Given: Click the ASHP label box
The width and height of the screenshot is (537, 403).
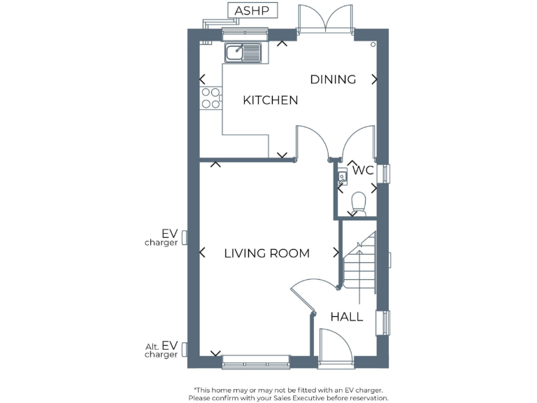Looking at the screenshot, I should (x=252, y=10).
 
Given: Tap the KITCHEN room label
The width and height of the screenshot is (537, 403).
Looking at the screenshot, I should (x=270, y=100).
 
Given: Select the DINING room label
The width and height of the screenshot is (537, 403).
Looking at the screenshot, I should (x=333, y=79).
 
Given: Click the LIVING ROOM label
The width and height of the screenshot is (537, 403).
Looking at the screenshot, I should (x=266, y=253).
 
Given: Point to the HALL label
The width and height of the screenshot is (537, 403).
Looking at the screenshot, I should (x=347, y=317).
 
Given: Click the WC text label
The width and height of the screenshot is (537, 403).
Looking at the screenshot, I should (x=363, y=170).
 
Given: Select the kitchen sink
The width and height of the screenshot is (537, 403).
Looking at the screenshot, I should (x=242, y=51).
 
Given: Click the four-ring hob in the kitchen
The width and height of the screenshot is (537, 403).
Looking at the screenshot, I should (x=209, y=98).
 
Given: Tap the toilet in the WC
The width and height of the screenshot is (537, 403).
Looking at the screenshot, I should (x=359, y=204).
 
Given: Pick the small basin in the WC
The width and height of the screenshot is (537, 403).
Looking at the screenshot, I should (x=342, y=177).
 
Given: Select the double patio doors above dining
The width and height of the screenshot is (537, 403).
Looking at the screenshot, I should (x=324, y=20).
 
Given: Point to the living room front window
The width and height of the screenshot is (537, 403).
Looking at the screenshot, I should (x=255, y=362).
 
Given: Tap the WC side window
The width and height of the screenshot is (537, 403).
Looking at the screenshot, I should (x=384, y=174).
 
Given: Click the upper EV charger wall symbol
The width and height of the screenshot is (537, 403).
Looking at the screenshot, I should (x=185, y=238).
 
